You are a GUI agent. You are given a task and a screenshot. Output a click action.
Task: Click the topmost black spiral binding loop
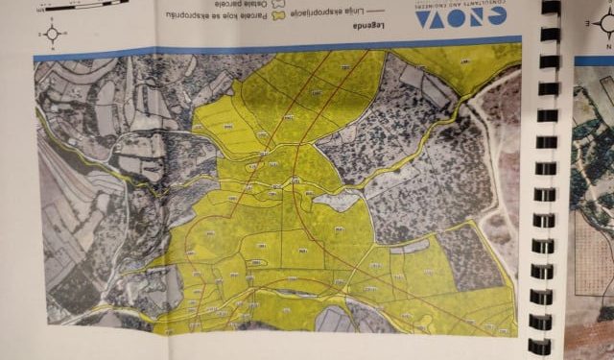[x=550, y=8]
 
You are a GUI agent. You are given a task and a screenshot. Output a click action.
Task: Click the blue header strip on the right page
[x=594, y=60]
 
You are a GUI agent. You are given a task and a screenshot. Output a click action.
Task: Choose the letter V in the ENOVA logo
[x=437, y=16]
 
